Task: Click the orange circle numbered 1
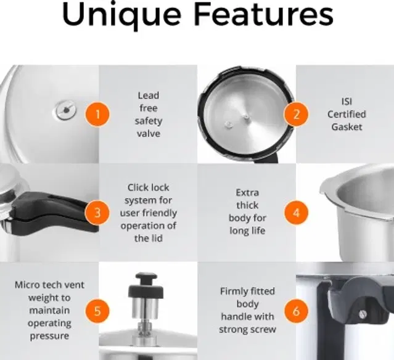point(97,114)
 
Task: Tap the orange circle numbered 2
point(296,114)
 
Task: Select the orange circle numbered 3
point(97,213)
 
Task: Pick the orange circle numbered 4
point(296,213)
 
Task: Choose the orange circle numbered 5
point(97,311)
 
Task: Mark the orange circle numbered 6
point(296,311)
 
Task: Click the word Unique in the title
point(121,15)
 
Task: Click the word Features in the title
point(263,14)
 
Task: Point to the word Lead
point(148,96)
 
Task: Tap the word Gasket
point(347,126)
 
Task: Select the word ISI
point(347,102)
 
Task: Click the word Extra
point(247,193)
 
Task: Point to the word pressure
point(49,336)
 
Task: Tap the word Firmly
point(234,292)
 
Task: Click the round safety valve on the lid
point(65,110)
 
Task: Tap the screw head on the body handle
point(362,314)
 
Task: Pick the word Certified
point(347,114)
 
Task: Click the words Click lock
point(148,187)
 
